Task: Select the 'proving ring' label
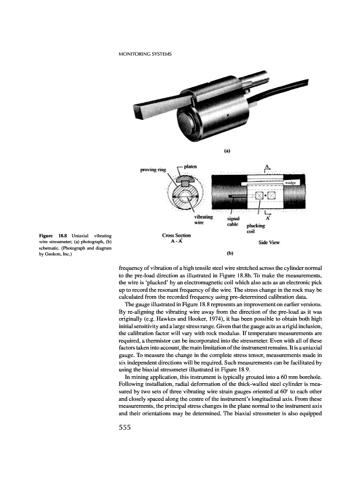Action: coord(154,170)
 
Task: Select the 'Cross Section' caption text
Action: coord(176,235)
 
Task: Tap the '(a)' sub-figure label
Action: coord(227,151)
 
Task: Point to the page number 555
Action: coord(126,426)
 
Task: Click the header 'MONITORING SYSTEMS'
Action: coord(144,54)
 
